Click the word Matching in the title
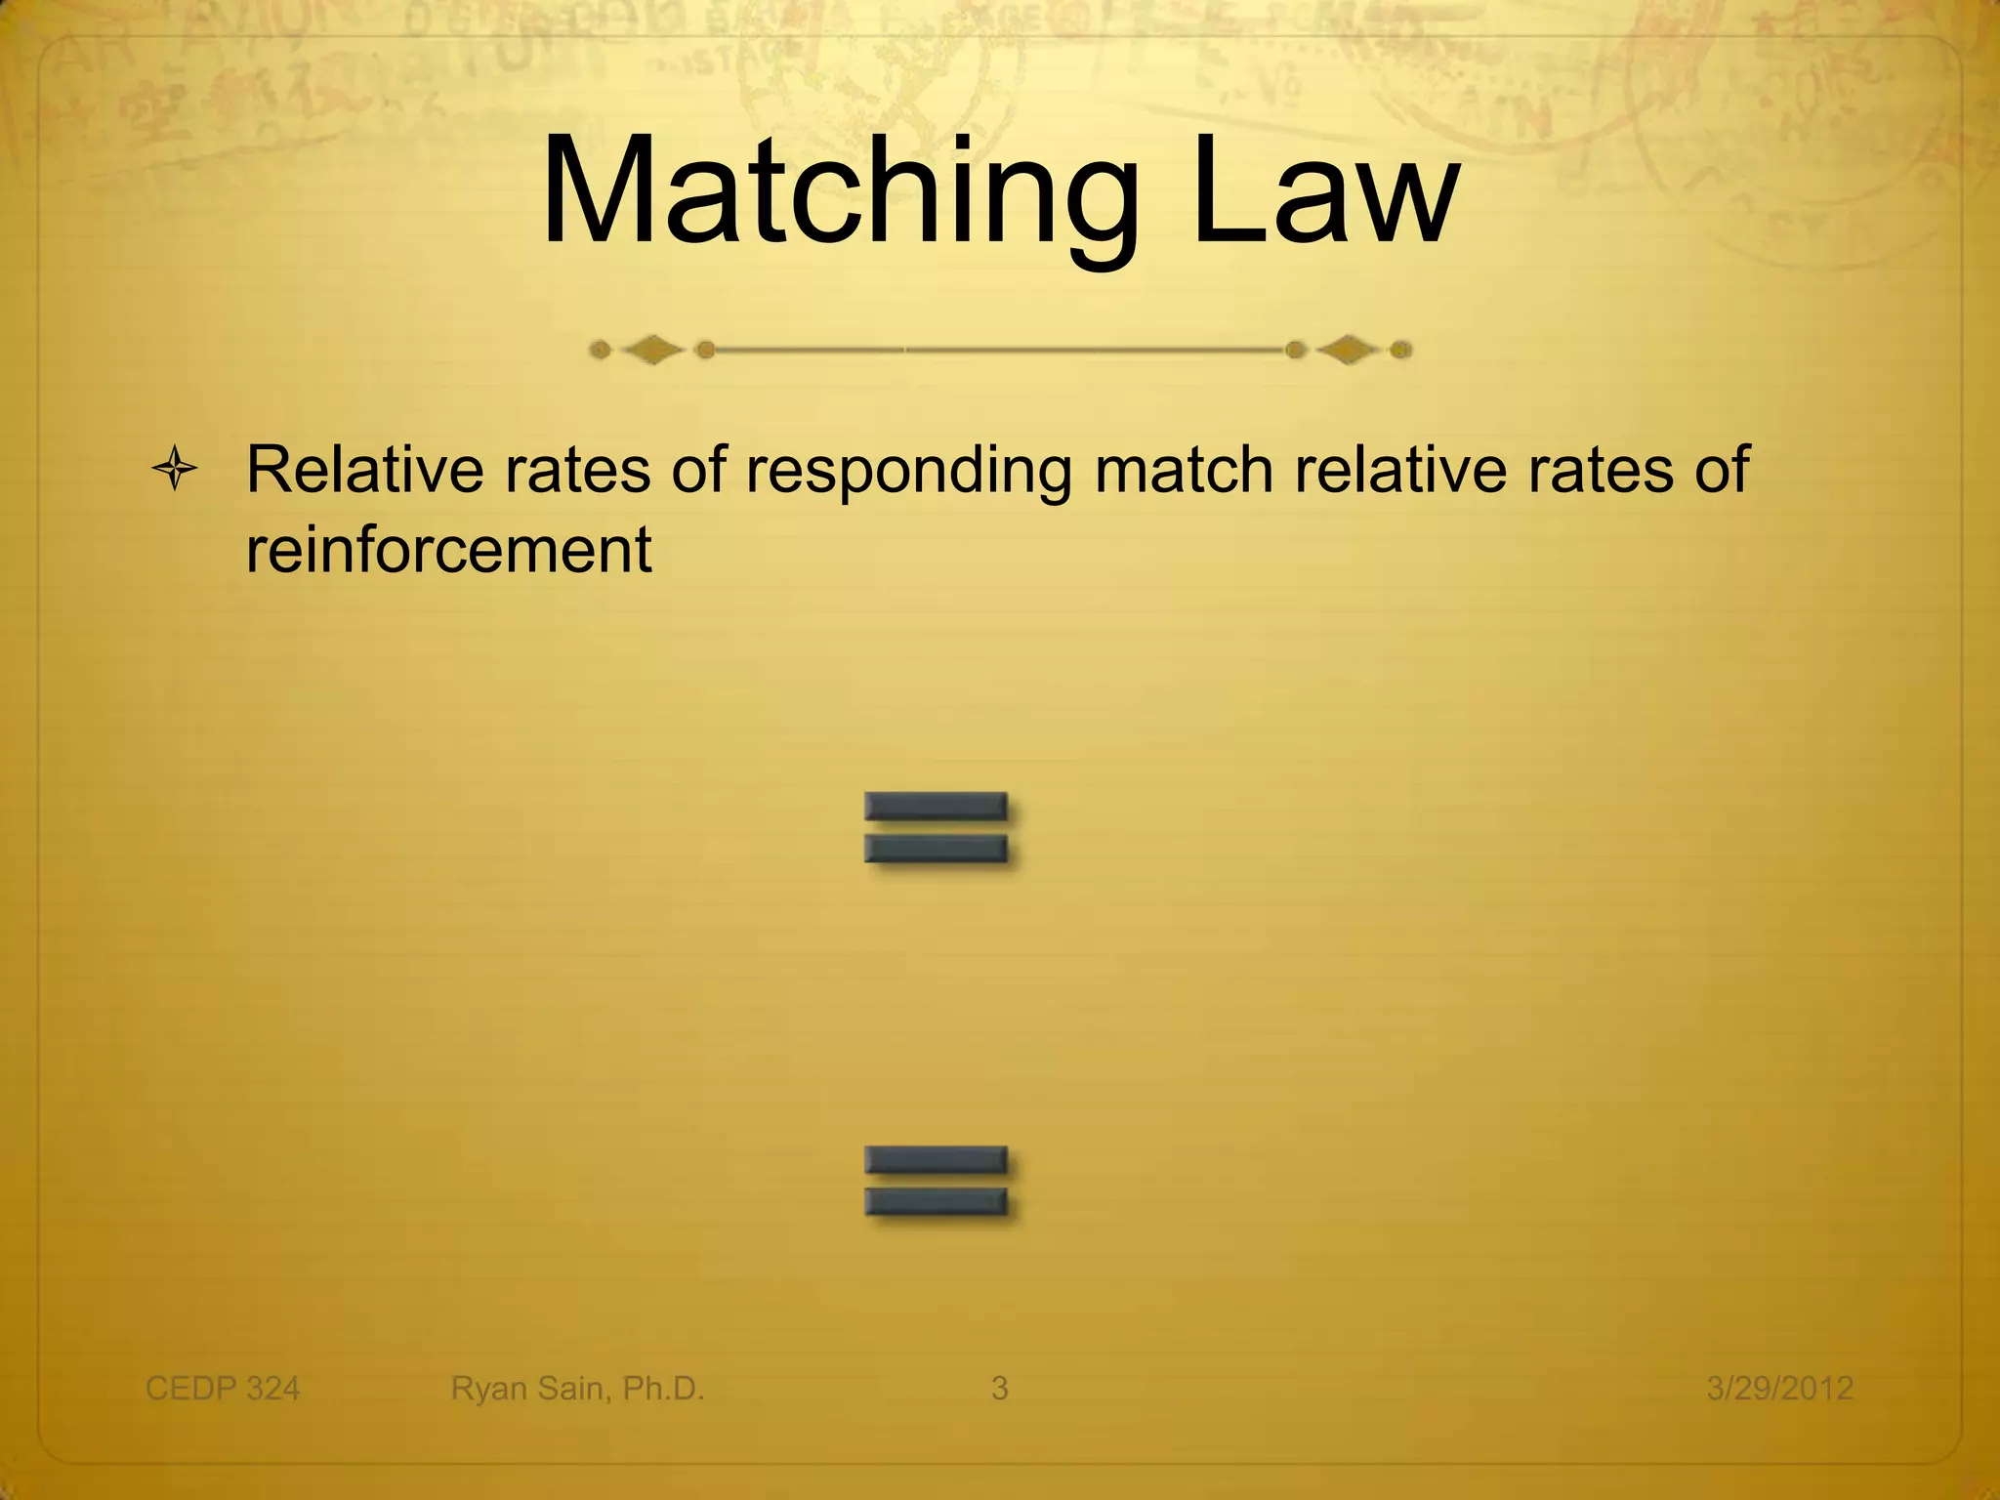(x=840, y=192)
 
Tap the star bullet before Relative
(x=175, y=471)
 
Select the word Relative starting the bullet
(x=364, y=469)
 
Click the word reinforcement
(x=448, y=550)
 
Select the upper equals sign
(x=936, y=827)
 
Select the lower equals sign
(x=936, y=1181)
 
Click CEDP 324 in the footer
(x=223, y=1388)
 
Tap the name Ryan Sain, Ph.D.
(x=577, y=1388)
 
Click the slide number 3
(x=999, y=1388)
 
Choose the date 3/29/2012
(x=1779, y=1388)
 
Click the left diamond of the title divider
(x=652, y=350)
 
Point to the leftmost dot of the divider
(x=601, y=350)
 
